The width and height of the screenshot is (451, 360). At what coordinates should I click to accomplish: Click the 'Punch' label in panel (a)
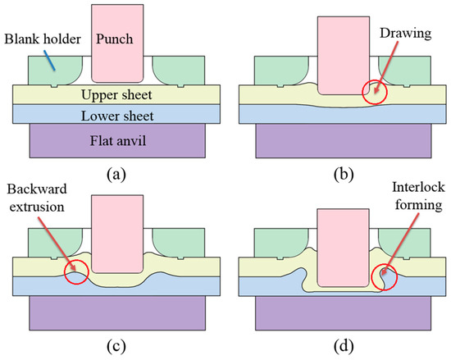[115, 39]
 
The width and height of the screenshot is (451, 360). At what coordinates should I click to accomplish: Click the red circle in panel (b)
[376, 89]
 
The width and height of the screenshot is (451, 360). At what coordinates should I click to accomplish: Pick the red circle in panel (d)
[383, 277]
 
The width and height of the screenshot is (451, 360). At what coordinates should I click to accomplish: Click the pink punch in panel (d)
[336, 246]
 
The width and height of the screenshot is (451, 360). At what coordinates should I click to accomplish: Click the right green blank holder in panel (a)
[175, 68]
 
